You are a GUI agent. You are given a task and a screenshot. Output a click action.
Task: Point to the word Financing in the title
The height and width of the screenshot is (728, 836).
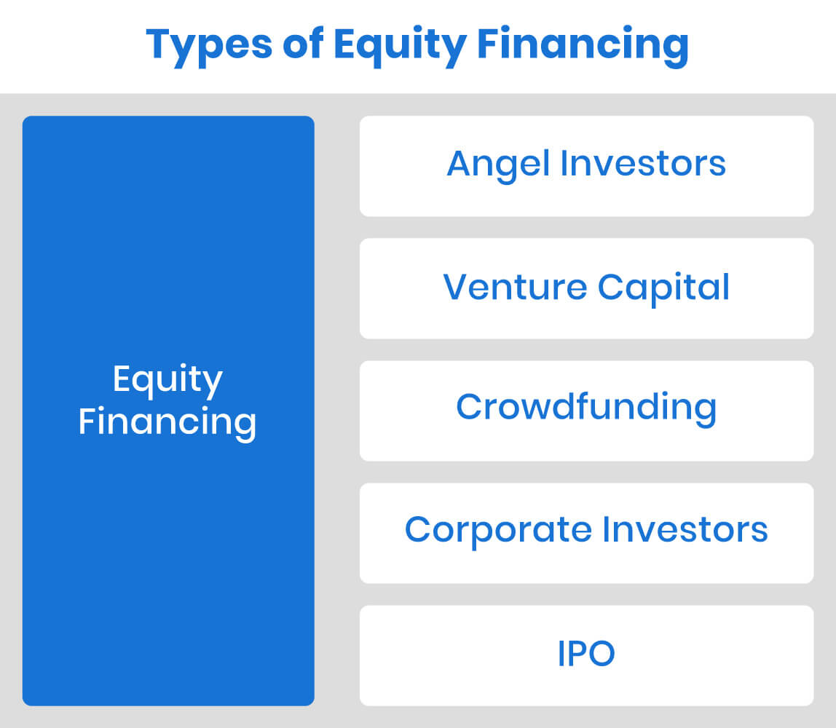point(583,45)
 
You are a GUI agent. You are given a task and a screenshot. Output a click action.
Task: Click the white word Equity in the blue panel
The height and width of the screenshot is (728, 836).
point(167,381)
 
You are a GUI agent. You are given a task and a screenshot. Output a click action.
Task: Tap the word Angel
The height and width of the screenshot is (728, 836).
point(497,164)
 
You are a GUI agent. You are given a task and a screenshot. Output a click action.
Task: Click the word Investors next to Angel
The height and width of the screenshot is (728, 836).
point(643,164)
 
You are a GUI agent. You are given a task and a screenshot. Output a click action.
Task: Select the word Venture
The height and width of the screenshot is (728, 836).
point(514,287)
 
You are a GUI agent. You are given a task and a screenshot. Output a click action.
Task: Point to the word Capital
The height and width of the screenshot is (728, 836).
point(663,287)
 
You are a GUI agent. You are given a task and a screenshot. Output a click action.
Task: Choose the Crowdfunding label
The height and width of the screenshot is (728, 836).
point(586,407)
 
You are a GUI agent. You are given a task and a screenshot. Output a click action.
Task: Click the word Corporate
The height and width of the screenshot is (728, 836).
point(498,529)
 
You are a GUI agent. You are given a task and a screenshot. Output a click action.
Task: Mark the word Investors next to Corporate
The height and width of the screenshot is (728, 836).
point(685,529)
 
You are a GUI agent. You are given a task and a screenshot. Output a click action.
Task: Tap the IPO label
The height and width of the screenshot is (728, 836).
point(586,653)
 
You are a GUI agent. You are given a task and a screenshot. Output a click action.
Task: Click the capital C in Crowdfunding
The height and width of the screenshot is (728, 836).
point(470,407)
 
